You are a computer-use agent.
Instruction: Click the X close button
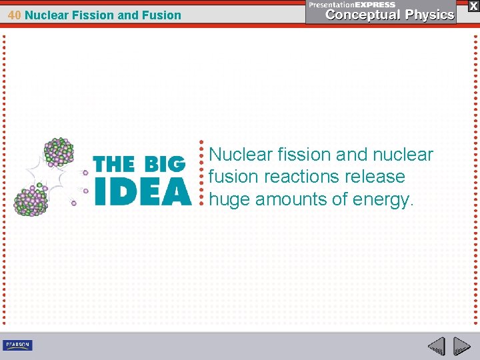(x=473, y=6)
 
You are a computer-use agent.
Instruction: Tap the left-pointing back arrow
(x=436, y=345)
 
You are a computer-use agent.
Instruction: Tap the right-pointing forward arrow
(x=461, y=345)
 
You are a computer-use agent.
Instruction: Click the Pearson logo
(x=17, y=345)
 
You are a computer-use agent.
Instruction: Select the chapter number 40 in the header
(x=15, y=15)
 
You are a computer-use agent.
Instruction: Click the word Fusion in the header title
(x=161, y=15)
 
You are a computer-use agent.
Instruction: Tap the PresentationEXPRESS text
(x=352, y=5)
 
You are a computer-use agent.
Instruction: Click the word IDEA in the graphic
(x=143, y=192)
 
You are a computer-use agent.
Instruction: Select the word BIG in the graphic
(x=164, y=164)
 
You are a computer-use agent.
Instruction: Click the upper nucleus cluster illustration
(x=58, y=153)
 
